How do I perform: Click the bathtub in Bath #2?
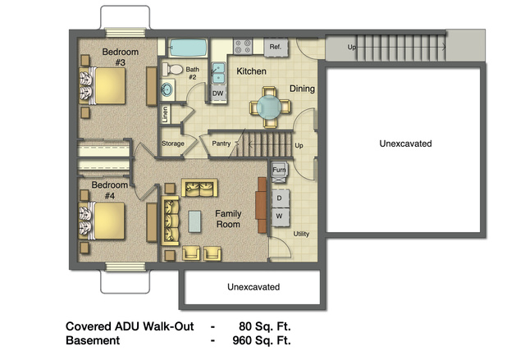(x=188, y=48)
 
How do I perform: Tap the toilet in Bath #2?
(x=173, y=69)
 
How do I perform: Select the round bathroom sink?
(x=167, y=89)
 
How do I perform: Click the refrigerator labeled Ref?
(x=276, y=48)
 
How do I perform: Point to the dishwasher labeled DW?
(x=218, y=93)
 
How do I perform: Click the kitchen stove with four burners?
(x=243, y=47)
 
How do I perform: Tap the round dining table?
(x=269, y=107)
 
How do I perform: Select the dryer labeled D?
(x=280, y=198)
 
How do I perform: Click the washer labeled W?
(x=280, y=216)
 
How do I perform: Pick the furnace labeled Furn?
(x=279, y=172)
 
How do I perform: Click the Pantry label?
(x=221, y=144)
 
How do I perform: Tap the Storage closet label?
(x=173, y=144)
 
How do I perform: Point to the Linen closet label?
(x=165, y=115)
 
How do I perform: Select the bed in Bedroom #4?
(x=102, y=221)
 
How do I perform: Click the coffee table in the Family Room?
(x=194, y=221)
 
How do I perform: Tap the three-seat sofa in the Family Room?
(x=171, y=221)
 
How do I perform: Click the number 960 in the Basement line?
(x=242, y=340)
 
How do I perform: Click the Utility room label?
(x=301, y=234)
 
